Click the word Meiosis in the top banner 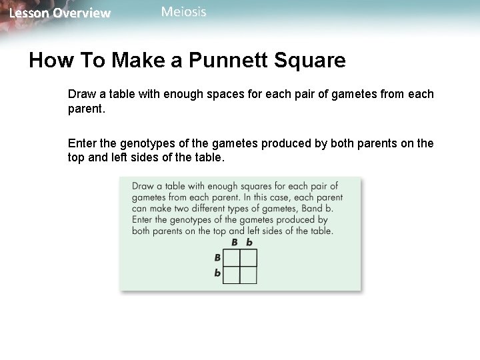tap(184, 11)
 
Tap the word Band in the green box tap(305, 209)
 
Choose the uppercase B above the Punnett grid tap(234, 243)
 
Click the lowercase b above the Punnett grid tap(249, 243)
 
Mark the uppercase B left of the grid tap(217, 257)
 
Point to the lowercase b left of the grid tap(217, 273)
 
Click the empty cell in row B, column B tap(231, 257)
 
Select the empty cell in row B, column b tap(249, 257)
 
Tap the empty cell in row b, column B tap(231, 274)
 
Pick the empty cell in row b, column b tap(249, 274)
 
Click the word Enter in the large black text tap(83, 143)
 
